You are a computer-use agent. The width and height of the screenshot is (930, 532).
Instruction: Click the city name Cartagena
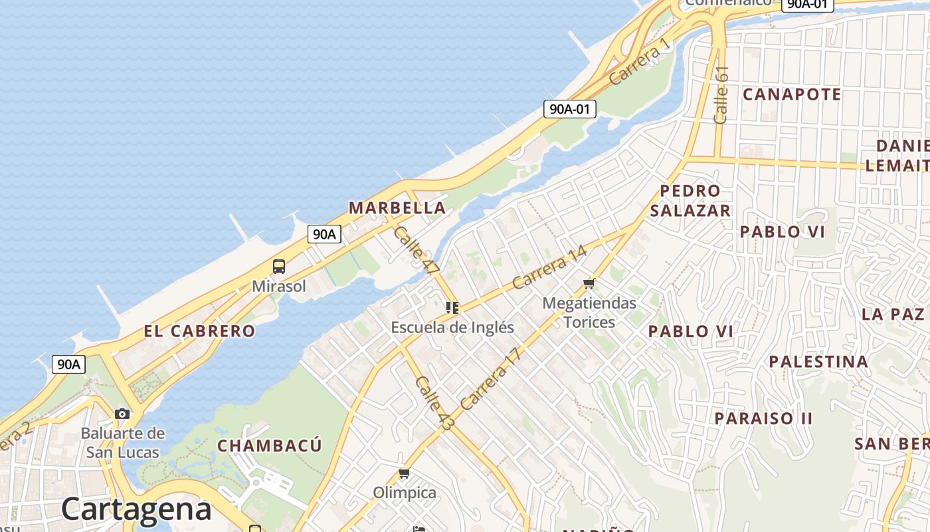pyautogui.click(x=136, y=509)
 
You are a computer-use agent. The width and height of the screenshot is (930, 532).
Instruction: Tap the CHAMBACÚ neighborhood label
pyautogui.click(x=270, y=446)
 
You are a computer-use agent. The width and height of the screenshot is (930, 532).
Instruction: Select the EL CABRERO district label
pyautogui.click(x=199, y=331)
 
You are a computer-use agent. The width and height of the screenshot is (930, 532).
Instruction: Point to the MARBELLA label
pyautogui.click(x=397, y=208)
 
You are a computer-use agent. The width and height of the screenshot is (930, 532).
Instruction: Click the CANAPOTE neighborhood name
pyautogui.click(x=792, y=94)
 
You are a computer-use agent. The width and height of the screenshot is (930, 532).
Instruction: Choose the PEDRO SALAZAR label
pyautogui.click(x=690, y=201)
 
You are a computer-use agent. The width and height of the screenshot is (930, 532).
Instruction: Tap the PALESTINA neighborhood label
pyautogui.click(x=818, y=362)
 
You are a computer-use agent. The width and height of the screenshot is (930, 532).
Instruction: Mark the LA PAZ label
pyautogui.click(x=893, y=314)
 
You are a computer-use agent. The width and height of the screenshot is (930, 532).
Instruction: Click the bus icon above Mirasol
pyautogui.click(x=279, y=267)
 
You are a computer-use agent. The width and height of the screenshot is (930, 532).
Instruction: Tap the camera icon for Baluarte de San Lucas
pyautogui.click(x=122, y=414)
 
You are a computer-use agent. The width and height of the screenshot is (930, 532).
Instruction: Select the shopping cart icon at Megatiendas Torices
pyautogui.click(x=589, y=284)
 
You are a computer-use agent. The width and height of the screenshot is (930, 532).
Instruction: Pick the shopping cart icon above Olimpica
pyautogui.click(x=404, y=473)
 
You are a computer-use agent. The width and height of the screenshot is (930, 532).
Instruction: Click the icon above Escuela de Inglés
pyautogui.click(x=452, y=307)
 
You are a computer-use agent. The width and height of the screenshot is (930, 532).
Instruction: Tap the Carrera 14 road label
pyautogui.click(x=550, y=267)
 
